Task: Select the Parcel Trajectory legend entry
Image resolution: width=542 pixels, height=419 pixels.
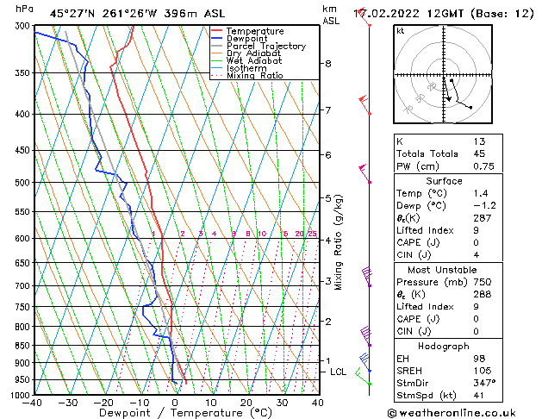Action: pyautogui.click(x=265, y=47)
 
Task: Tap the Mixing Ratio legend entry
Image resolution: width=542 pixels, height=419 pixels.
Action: pyautogui.click(x=255, y=76)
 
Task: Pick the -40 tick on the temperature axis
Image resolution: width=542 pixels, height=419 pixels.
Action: pyautogui.click(x=33, y=403)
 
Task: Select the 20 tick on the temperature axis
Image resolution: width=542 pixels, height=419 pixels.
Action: pyautogui.click(x=246, y=403)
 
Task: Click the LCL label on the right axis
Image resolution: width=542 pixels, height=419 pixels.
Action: pyautogui.click(x=338, y=372)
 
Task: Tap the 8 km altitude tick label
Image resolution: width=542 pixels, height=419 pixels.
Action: pyautogui.click(x=328, y=64)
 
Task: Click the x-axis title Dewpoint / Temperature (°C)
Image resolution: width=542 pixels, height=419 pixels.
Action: pyautogui.click(x=175, y=413)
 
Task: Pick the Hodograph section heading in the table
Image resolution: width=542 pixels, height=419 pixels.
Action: pyautogui.click(x=445, y=345)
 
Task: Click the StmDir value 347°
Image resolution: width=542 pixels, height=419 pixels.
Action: pyautogui.click(x=487, y=385)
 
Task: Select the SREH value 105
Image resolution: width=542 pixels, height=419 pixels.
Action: pyautogui.click(x=487, y=372)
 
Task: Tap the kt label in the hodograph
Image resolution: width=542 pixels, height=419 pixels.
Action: pyautogui.click(x=400, y=30)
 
